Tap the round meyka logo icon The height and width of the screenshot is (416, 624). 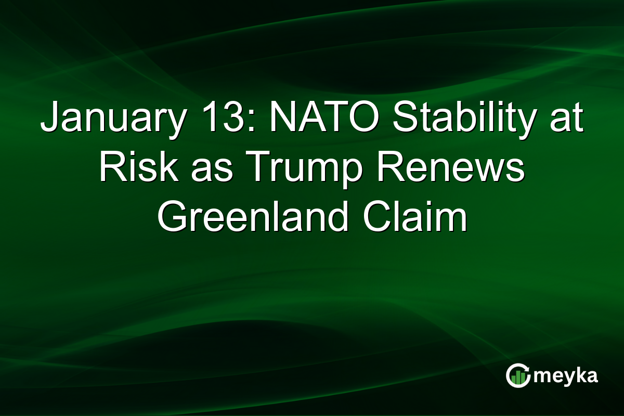coord(518,376)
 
